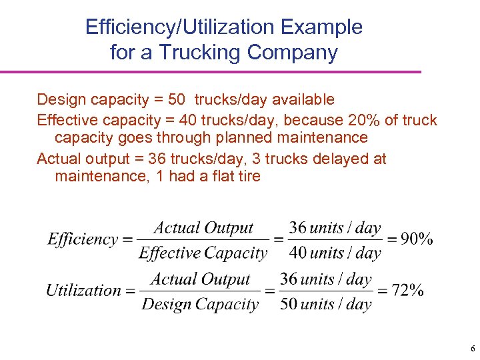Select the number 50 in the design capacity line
pos(177,100)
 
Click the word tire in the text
pos(248,176)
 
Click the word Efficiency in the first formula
pos(83,239)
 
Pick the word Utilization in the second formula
pos(83,290)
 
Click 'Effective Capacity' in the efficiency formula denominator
pos(203,253)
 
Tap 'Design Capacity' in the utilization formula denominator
pos(200,305)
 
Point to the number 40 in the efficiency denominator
pos(298,253)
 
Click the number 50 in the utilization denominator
pos(289,305)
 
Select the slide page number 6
pos(473,349)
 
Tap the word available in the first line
pos(301,100)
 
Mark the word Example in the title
pos(323,27)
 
